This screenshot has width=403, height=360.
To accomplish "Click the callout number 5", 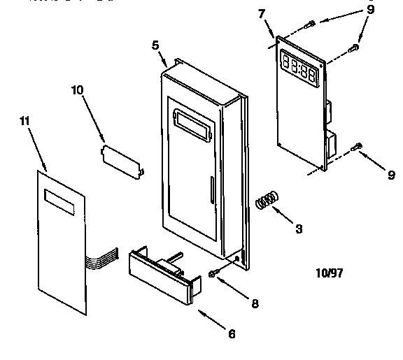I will [155, 45].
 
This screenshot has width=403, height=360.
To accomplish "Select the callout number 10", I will [77, 90].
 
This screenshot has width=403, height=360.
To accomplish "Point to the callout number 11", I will [24, 122].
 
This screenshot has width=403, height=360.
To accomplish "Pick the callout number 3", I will [299, 228].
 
